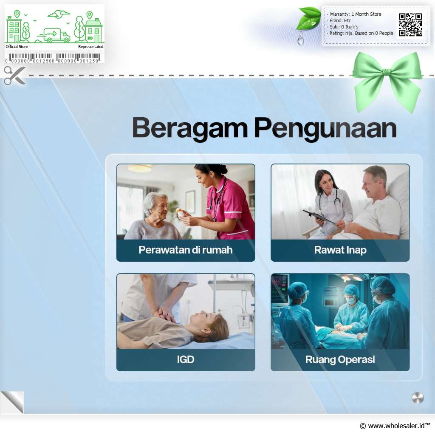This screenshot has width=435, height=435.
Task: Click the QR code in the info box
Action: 410,25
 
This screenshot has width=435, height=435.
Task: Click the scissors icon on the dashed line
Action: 14,75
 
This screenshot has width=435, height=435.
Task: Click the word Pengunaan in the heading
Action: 325,129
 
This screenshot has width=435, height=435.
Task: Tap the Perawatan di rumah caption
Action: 186,250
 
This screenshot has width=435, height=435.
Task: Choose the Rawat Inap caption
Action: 340,250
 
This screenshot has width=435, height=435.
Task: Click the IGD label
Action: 186,359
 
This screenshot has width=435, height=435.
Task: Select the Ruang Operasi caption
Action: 340,359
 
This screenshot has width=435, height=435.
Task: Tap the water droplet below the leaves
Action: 300,39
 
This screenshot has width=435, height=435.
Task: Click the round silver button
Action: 418,398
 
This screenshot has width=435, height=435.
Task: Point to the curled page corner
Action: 12,402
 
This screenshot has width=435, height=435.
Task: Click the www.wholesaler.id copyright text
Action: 395,426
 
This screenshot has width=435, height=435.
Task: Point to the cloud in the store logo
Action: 59,14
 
